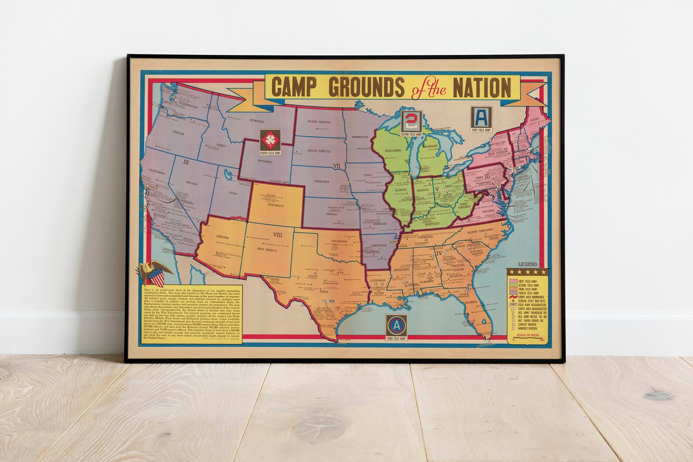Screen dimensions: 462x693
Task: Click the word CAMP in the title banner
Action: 297,87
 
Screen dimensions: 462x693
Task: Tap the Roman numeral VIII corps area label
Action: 278,234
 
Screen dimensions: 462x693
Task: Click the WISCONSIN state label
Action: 396,151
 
